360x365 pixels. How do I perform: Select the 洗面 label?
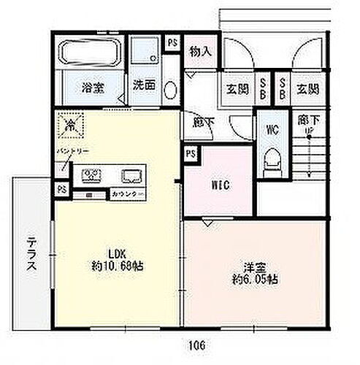click(x=143, y=85)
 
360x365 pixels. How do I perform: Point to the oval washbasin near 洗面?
click(x=169, y=89)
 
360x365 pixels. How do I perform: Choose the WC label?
click(x=272, y=131)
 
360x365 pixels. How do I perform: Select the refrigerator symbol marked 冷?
click(x=71, y=125)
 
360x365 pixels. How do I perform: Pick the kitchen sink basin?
click(x=132, y=176)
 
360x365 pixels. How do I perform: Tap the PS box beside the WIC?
click(x=191, y=154)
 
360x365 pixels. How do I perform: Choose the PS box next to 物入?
click(x=172, y=42)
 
